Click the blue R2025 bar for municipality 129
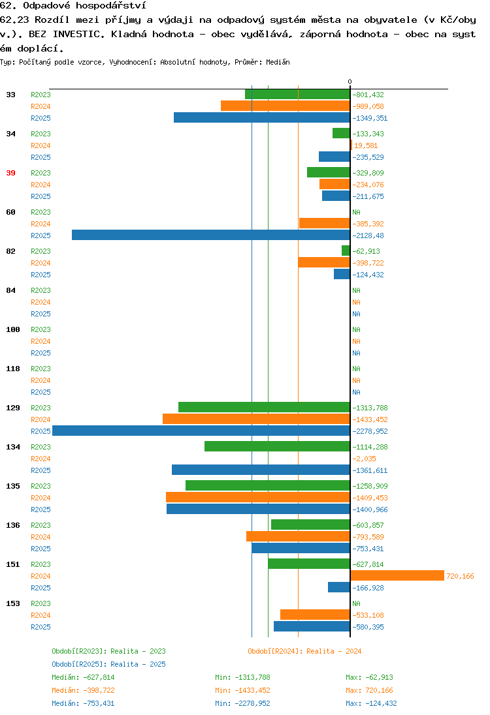tap(201, 431)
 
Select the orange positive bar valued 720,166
tap(397, 576)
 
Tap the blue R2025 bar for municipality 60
tap(211, 236)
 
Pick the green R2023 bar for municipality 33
tap(297, 95)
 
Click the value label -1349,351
tap(370, 118)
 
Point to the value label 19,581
tap(366, 145)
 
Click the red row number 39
tap(11, 173)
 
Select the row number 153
tap(13, 603)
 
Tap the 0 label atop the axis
tap(350, 82)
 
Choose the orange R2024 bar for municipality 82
tap(324, 263)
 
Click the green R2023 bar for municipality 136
tap(310, 525)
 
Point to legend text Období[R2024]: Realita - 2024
tap(304, 651)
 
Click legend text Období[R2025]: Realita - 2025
tap(108, 664)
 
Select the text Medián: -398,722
tap(83, 690)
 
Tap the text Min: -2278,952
tap(242, 703)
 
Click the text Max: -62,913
tap(369, 677)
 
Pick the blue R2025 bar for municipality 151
tap(339, 588)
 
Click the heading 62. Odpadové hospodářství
tap(73, 5)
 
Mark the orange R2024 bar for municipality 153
tap(315, 615)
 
